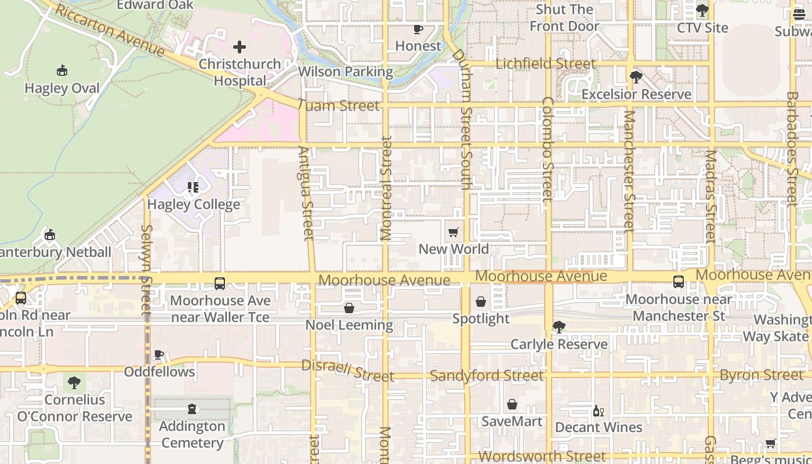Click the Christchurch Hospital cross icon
click(240, 47)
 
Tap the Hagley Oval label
click(62, 88)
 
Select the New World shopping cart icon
click(454, 233)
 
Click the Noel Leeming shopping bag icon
click(349, 308)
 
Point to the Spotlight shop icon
click(481, 302)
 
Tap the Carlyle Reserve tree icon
click(559, 327)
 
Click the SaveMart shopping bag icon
click(512, 404)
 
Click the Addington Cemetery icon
click(192, 409)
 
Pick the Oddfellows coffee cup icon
click(159, 354)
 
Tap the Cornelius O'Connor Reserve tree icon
click(74, 383)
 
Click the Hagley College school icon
click(193, 187)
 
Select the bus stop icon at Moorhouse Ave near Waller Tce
click(220, 284)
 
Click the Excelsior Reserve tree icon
click(636, 77)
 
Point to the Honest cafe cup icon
click(418, 29)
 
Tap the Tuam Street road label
click(339, 106)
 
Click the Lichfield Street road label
click(545, 63)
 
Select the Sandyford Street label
click(487, 376)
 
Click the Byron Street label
click(762, 375)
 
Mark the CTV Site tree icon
click(702, 10)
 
